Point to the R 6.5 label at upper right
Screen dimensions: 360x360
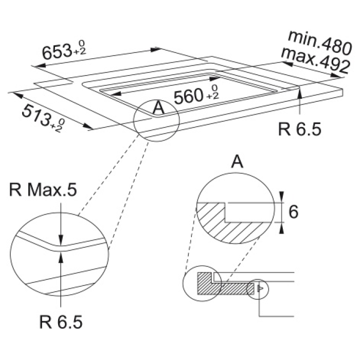pos(299,129)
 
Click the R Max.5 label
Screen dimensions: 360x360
pos(42,191)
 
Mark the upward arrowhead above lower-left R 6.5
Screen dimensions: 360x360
pos(61,253)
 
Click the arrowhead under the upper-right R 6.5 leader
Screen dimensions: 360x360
pos(300,93)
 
